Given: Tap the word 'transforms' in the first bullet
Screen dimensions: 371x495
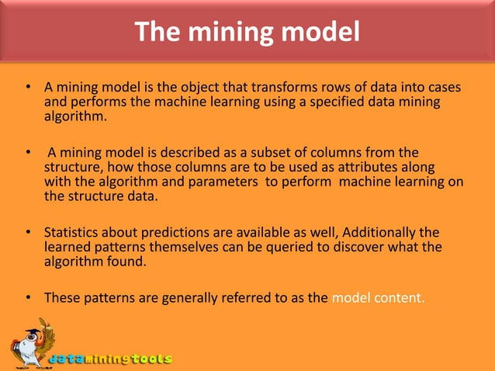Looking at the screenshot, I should [x=264, y=88].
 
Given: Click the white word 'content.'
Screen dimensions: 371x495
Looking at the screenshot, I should [x=396, y=297].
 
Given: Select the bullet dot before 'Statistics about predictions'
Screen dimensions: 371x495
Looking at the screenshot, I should [x=28, y=233].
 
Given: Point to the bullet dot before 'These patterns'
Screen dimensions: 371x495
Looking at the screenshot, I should [x=28, y=297].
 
